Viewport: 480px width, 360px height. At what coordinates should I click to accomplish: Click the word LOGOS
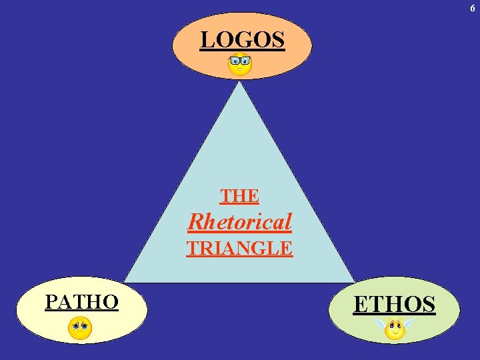(x=243, y=40)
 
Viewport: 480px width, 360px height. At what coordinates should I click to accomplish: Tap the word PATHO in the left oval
(x=81, y=302)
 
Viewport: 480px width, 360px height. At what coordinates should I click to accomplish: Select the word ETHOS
(x=394, y=305)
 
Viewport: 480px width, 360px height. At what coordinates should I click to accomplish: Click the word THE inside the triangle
(x=239, y=196)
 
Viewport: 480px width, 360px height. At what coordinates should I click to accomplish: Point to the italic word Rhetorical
(x=240, y=221)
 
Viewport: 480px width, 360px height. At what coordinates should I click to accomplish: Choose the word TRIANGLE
(x=239, y=248)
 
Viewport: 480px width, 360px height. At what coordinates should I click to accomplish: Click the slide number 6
(x=473, y=7)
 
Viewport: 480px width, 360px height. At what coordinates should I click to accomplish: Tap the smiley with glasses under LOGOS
(x=240, y=65)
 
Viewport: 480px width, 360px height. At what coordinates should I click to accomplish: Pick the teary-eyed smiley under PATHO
(x=80, y=328)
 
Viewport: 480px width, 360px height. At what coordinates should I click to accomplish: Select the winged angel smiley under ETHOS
(x=395, y=328)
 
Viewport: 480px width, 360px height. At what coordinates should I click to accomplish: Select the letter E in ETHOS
(x=360, y=305)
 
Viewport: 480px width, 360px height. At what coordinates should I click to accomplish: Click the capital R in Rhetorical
(x=197, y=221)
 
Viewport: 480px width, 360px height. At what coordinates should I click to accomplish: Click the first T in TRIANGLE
(x=192, y=248)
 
